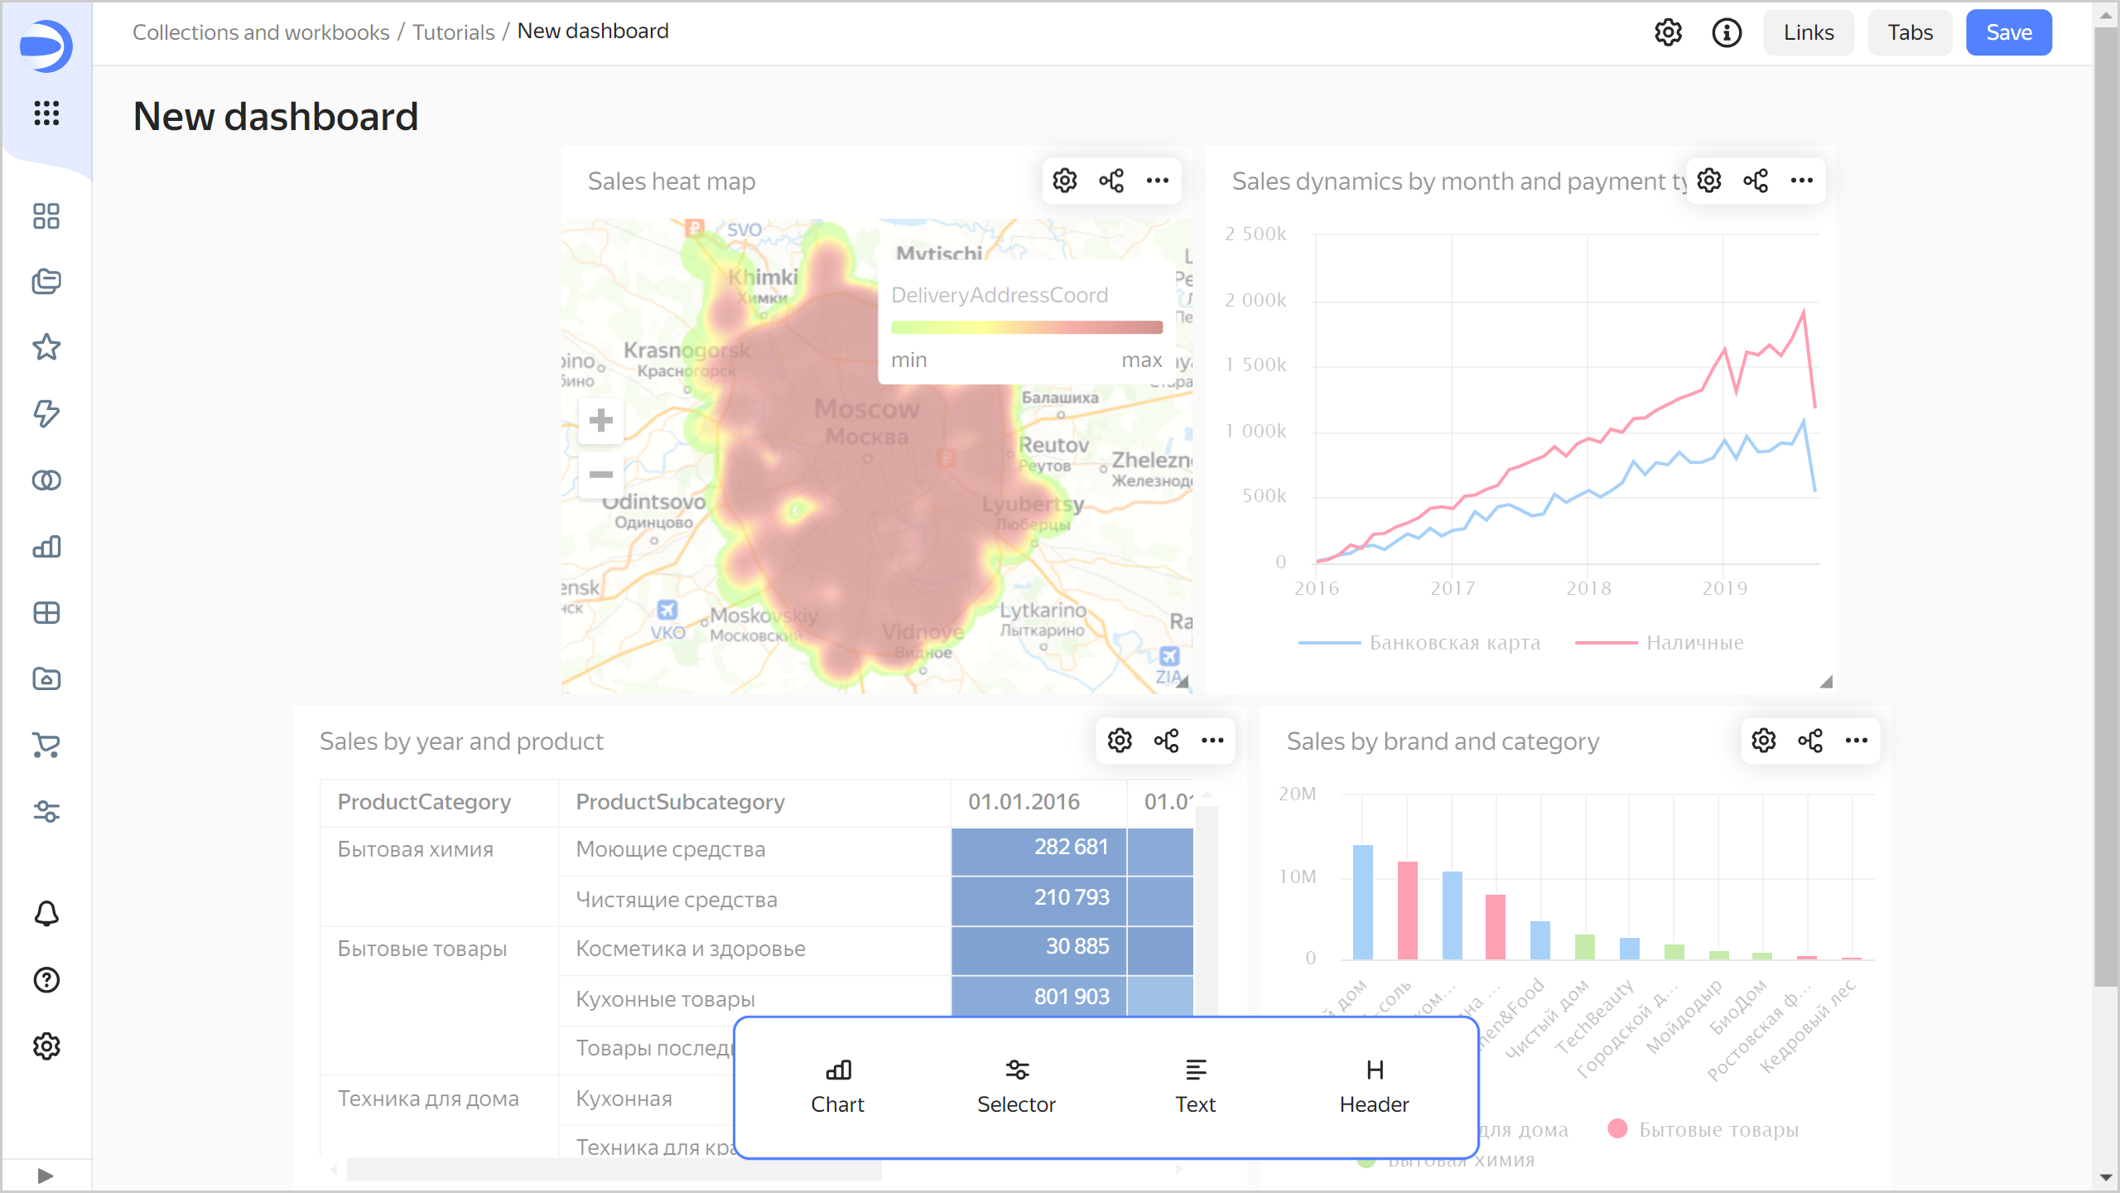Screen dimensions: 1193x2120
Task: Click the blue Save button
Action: (x=2008, y=32)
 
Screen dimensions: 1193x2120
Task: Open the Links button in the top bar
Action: (x=1808, y=32)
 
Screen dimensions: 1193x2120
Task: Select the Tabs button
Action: (x=1910, y=32)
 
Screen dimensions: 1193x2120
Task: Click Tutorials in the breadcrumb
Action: (x=453, y=31)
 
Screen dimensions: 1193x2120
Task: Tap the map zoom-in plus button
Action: (x=601, y=420)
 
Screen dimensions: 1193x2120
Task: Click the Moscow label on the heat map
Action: (x=866, y=409)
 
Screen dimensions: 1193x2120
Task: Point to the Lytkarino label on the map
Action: (x=1043, y=611)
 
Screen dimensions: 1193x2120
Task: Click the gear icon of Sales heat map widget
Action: (x=1065, y=181)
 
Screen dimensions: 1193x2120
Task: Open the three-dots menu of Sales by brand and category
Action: (x=1857, y=741)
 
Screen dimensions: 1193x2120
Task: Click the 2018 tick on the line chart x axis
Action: (x=1588, y=588)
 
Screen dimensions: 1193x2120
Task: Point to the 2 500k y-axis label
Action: (x=1255, y=234)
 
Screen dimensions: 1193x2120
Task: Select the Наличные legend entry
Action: (x=1694, y=643)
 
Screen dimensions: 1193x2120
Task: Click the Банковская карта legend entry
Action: (x=1454, y=643)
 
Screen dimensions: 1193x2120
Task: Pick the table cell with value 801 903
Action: (x=1071, y=997)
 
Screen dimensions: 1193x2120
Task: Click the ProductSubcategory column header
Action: (x=680, y=802)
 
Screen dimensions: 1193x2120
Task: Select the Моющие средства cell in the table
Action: (x=670, y=849)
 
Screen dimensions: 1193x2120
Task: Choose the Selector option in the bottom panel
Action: (x=1016, y=1086)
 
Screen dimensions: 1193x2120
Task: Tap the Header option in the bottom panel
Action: (x=1374, y=1086)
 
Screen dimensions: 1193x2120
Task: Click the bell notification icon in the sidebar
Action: (x=46, y=914)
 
